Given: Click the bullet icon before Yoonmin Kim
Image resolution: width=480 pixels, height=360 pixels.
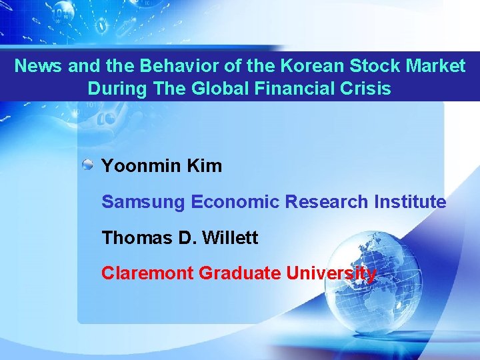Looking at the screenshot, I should point(88,165).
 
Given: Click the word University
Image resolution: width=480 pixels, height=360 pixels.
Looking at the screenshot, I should point(331,273).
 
